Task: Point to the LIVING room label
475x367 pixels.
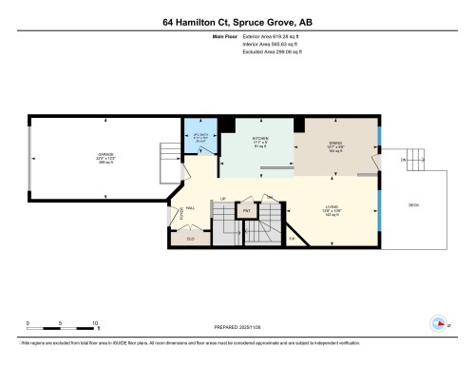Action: tap(331, 211)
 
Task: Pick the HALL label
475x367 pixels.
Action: tap(190, 207)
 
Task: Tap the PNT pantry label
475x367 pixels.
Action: tap(247, 210)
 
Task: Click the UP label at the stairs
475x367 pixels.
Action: tap(223, 200)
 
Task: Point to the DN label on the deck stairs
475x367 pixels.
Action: tap(404, 161)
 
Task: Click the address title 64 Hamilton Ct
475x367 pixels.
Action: tap(237, 20)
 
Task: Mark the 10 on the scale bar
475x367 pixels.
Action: tap(95, 323)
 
